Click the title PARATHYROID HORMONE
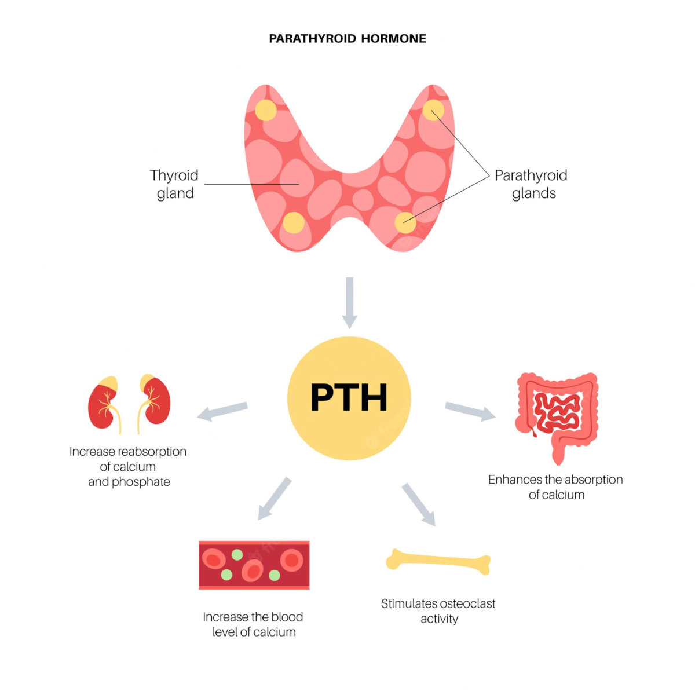(348, 39)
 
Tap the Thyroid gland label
(174, 184)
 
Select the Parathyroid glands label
(531, 184)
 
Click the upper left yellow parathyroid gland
(266, 110)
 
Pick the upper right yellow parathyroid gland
(433, 110)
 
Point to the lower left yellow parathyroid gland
(294, 222)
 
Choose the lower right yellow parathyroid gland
(405, 222)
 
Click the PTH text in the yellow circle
(349, 398)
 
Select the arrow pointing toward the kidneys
(222, 411)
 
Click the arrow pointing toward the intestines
(470, 411)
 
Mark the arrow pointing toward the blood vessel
(274, 499)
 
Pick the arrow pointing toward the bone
(419, 504)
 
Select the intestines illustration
(557, 414)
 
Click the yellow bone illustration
(438, 561)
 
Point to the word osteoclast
(467, 603)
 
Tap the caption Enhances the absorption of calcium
(555, 487)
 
